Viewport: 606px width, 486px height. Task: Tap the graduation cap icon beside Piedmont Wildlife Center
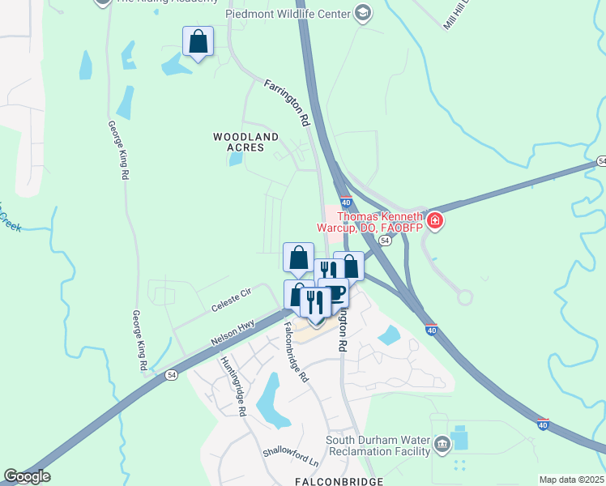click(x=363, y=13)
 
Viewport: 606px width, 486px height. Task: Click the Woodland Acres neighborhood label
click(x=245, y=143)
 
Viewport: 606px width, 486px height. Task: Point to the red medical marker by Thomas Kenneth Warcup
click(x=435, y=220)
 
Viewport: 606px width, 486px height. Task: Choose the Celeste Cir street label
click(x=233, y=298)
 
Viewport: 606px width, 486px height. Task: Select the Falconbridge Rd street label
click(x=297, y=352)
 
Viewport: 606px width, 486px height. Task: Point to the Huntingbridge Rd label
click(x=232, y=386)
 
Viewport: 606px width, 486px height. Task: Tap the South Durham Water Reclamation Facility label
click(x=376, y=446)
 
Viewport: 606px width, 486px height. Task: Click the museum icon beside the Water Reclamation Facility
click(x=442, y=444)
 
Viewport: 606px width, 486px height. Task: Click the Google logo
click(x=27, y=476)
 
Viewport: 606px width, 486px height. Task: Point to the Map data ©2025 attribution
click(x=570, y=480)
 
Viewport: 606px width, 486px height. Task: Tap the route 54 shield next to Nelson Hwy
click(x=171, y=374)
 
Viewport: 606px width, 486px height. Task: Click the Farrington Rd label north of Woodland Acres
click(x=288, y=101)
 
